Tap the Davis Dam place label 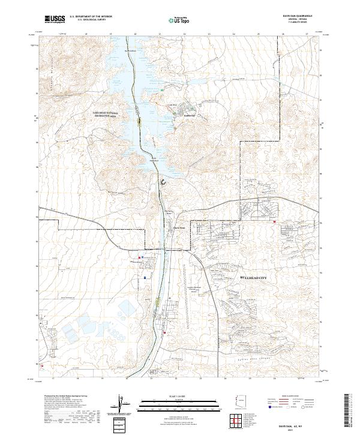coord(179,227)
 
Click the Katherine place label coord(173,115)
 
